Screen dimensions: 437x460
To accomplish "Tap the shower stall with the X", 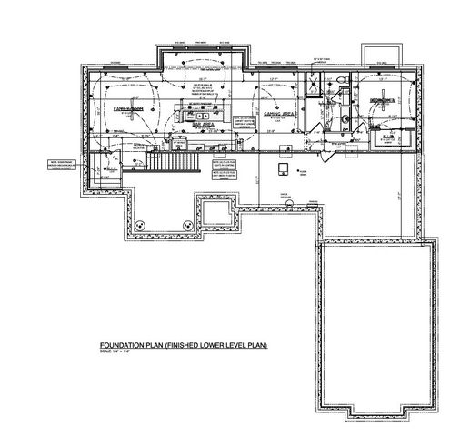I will point(312,85).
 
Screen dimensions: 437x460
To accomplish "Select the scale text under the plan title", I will point(119,354).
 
